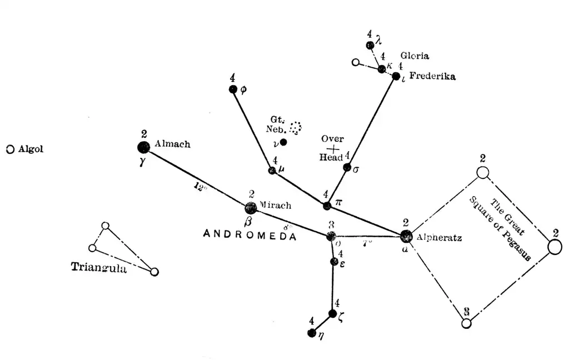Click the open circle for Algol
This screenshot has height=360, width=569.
coord(10,149)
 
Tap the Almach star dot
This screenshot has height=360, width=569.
coord(143,147)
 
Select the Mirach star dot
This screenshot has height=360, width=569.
coord(251,208)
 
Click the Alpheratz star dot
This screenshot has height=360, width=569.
coord(406,236)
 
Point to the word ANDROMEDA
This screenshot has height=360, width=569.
coord(249,234)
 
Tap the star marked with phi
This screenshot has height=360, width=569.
coord(233,89)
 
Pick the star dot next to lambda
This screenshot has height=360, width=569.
coord(370,45)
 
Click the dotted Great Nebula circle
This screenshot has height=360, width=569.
coord(296,127)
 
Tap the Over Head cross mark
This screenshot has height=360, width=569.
coord(332,149)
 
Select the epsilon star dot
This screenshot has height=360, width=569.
coord(334,261)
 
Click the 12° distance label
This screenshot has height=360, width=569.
coord(201,187)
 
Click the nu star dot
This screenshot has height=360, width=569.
coord(283,142)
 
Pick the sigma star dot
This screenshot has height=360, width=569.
coord(347,167)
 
